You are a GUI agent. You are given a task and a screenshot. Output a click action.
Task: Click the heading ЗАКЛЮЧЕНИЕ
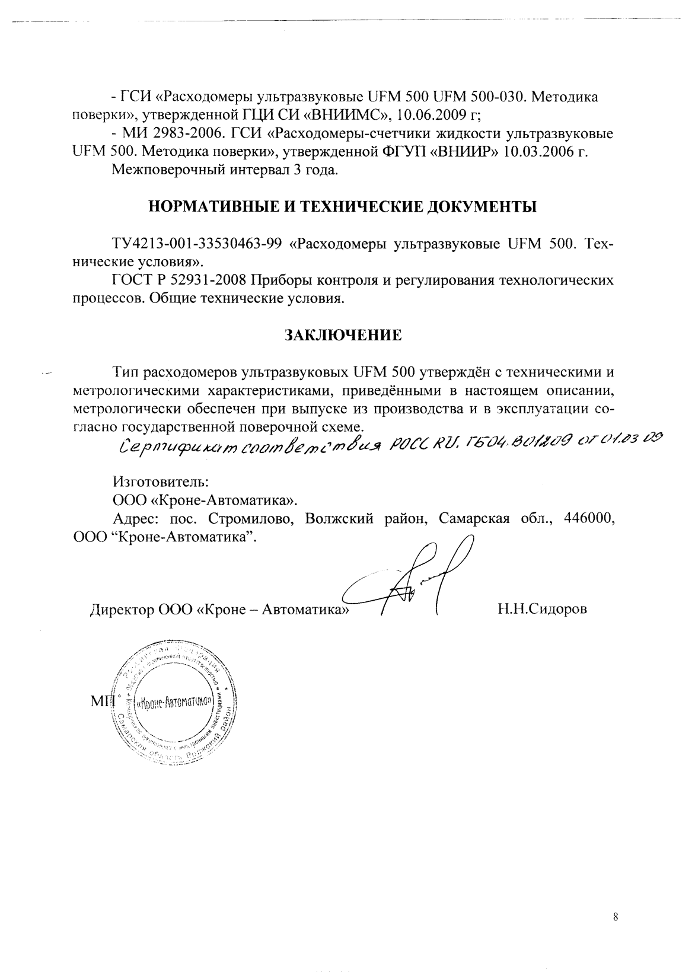click(343, 335)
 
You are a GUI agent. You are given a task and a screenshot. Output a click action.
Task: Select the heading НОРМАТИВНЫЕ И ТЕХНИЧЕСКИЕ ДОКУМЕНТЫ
click(343, 207)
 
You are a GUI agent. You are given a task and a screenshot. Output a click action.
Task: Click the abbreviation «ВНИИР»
click(464, 151)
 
